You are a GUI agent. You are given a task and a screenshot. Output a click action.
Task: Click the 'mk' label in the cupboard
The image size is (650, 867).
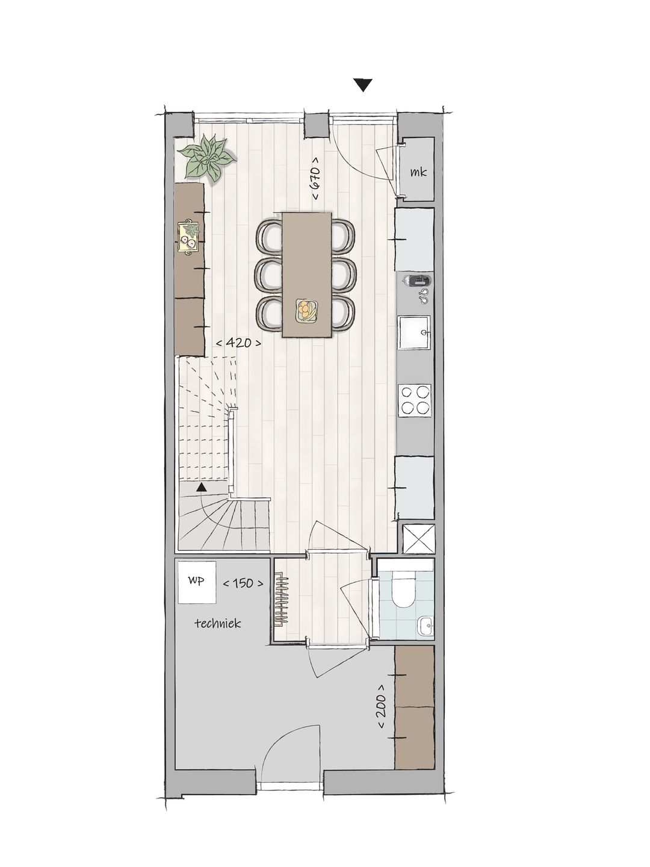point(418,172)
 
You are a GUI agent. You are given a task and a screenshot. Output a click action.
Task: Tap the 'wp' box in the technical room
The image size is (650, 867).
point(197,582)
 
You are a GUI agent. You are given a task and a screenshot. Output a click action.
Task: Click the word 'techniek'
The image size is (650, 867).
point(218,623)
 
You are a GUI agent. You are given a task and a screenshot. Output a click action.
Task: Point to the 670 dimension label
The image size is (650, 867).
point(315,178)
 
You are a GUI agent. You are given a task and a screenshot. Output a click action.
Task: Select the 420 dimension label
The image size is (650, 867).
point(238,343)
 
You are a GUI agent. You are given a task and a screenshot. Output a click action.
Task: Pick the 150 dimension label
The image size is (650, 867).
point(243,583)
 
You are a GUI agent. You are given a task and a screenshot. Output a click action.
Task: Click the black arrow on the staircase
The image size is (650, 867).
point(202,488)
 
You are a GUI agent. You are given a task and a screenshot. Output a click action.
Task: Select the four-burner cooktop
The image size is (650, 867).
point(414,400)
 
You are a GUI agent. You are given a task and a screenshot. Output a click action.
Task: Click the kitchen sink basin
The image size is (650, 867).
point(413,332)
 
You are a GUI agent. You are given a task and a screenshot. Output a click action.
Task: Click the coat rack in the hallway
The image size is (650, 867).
point(281,600)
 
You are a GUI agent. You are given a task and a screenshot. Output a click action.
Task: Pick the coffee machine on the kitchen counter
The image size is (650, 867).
point(417,281)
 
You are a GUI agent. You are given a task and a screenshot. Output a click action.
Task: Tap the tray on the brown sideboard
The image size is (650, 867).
point(188,237)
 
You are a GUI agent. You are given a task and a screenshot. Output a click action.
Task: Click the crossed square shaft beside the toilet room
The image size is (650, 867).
point(418,539)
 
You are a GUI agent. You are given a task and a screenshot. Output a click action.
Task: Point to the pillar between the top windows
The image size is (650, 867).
point(317,125)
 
